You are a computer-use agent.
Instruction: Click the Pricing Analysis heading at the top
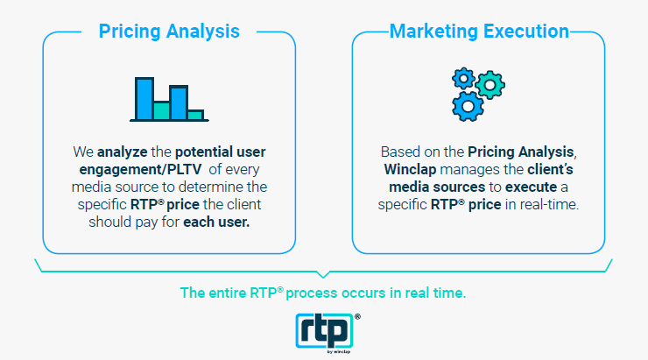(x=169, y=32)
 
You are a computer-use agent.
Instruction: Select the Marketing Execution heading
(x=479, y=32)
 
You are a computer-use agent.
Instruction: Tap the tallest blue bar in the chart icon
(x=144, y=98)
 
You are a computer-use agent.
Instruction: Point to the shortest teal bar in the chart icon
(x=196, y=115)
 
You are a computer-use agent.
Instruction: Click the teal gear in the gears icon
(x=490, y=85)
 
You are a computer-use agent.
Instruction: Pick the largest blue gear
(x=468, y=106)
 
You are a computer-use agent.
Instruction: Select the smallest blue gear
(x=464, y=78)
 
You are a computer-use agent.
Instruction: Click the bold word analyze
(x=123, y=152)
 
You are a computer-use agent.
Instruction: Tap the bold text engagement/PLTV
(x=140, y=169)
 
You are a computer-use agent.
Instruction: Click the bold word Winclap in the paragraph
(x=410, y=169)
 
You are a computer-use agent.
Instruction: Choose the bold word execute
(x=531, y=187)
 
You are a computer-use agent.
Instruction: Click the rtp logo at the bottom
(x=324, y=330)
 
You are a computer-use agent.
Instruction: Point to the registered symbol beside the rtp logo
(x=357, y=316)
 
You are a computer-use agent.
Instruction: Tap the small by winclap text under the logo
(x=339, y=352)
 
